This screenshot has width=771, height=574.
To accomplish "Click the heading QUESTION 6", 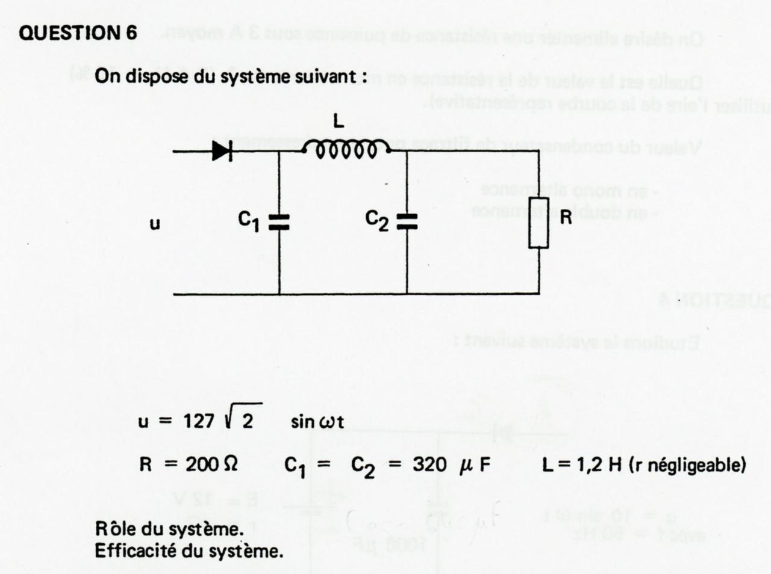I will (x=78, y=32).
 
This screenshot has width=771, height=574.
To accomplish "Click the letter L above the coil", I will (x=339, y=122).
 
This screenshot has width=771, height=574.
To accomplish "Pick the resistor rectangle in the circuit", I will (x=538, y=222).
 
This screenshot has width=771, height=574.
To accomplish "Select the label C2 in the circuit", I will (x=378, y=221).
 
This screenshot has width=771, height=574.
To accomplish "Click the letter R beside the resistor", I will (x=566, y=218).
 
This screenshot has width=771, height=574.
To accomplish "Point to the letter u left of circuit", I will (x=155, y=224).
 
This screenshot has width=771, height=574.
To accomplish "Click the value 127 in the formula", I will (x=199, y=421).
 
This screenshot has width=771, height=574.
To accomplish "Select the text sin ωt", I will (x=317, y=421).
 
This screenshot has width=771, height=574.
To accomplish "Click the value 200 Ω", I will (x=211, y=464).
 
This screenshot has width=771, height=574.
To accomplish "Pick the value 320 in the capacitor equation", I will (x=429, y=464).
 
